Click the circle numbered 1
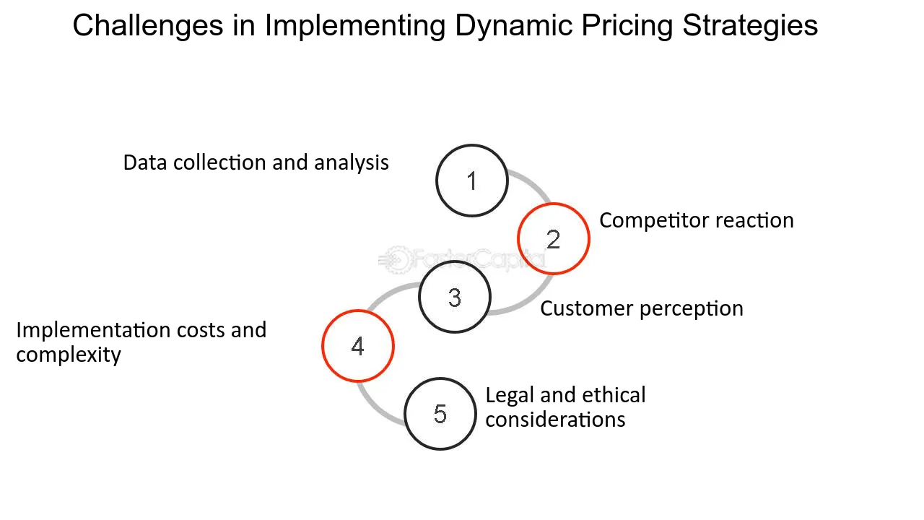(472, 181)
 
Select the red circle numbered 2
(554, 239)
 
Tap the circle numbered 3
(455, 297)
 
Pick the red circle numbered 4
(358, 346)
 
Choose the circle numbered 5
(440, 414)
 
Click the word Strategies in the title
(750, 26)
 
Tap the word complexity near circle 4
(69, 355)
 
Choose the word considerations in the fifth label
(555, 420)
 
